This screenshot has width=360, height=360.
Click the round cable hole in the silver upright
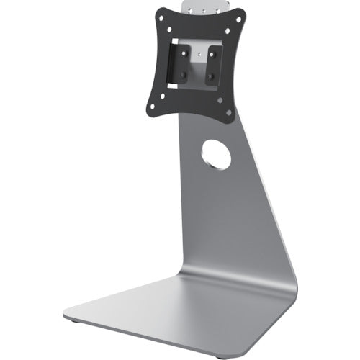coord(216,154)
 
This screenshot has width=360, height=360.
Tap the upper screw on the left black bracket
coord(184,53)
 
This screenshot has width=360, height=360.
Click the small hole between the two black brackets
coord(199,53)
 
